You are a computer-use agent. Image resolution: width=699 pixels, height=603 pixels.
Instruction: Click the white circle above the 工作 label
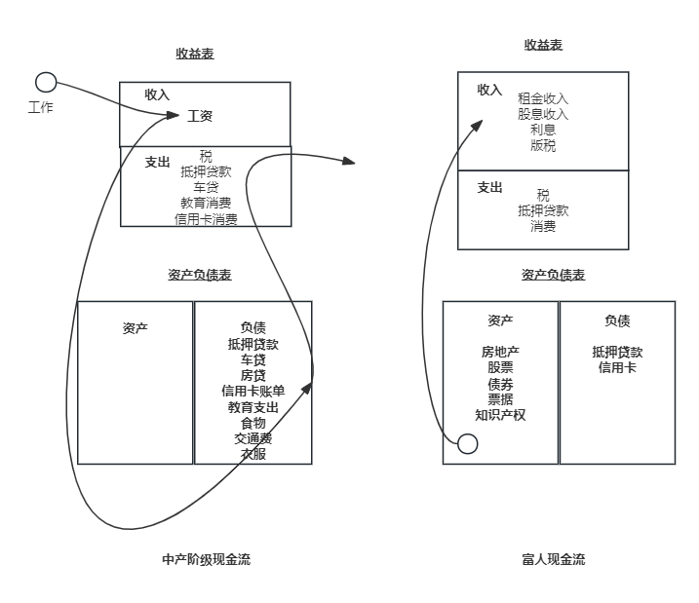click(x=46, y=82)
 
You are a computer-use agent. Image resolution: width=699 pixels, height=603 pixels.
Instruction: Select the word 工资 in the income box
click(x=200, y=116)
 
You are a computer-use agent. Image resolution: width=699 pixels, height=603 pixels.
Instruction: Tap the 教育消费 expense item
click(x=206, y=203)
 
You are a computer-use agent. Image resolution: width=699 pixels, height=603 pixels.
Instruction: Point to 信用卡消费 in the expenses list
click(x=206, y=218)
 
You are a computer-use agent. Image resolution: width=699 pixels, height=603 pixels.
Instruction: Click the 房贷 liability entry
click(x=253, y=375)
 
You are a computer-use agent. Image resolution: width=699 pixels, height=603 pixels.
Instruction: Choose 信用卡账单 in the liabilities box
click(x=253, y=391)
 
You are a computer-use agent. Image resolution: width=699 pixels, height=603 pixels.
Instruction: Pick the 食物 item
click(x=253, y=423)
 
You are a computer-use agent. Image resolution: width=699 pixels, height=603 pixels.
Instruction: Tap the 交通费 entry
click(x=253, y=438)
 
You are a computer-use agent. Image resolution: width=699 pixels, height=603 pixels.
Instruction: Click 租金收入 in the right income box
click(x=543, y=98)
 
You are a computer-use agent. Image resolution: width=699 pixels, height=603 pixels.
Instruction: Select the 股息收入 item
click(x=543, y=114)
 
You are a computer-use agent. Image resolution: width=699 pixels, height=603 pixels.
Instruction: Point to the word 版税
click(x=543, y=145)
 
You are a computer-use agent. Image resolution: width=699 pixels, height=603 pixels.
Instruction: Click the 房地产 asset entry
click(x=500, y=352)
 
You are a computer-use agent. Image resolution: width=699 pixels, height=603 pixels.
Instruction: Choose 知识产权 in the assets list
click(x=500, y=414)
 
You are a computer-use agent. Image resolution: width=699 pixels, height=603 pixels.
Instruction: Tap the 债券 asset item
click(x=500, y=383)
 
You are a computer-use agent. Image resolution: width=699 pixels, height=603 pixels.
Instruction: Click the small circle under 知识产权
click(x=468, y=444)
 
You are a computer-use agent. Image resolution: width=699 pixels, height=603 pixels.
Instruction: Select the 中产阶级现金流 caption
click(x=206, y=559)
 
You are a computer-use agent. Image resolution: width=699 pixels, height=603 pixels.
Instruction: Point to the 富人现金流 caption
click(x=554, y=559)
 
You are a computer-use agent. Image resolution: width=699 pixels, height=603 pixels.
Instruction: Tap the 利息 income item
click(x=543, y=130)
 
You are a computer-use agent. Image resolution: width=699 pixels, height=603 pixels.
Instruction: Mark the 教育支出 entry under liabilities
click(x=253, y=406)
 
